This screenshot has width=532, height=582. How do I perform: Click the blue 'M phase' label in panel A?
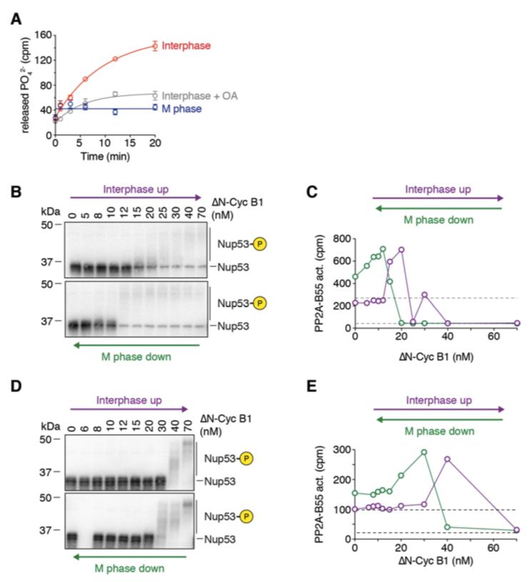pos(182,109)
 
